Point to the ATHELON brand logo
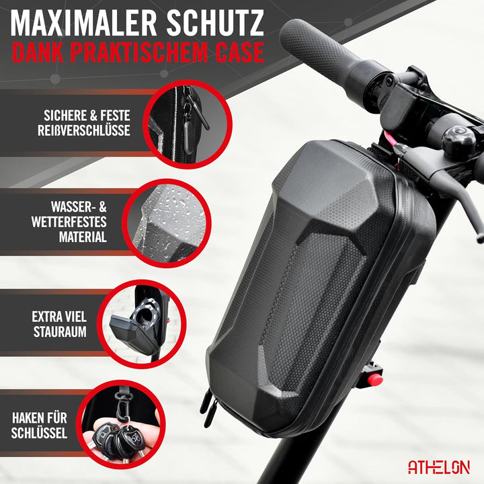[439, 467]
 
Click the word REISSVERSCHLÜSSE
[85, 130]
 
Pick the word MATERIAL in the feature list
[82, 237]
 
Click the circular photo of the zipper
[178, 124]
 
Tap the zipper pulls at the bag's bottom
[208, 403]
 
